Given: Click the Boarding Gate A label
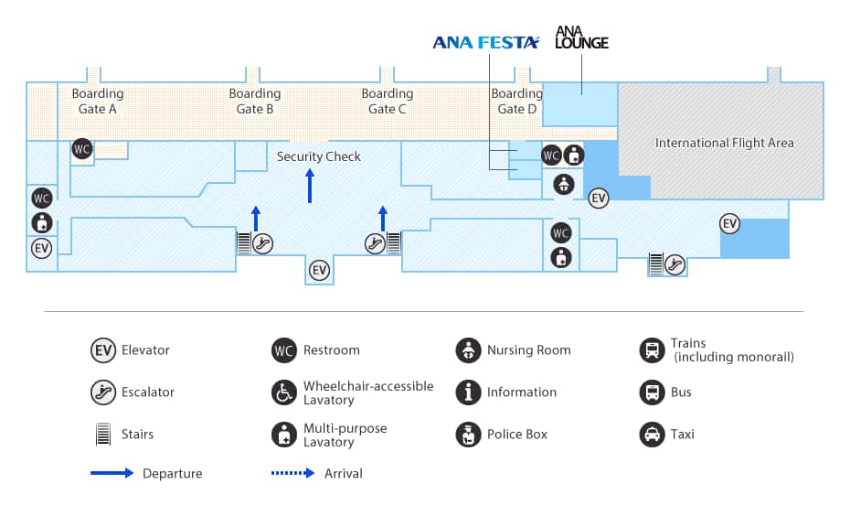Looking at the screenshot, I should (x=98, y=101).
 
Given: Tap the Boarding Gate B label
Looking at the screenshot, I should (x=255, y=101).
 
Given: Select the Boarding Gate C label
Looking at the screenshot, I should (x=388, y=101).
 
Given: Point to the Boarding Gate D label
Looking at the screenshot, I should (x=516, y=101).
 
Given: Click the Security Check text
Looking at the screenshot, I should (x=319, y=156).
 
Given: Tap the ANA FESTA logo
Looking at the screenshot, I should (x=486, y=42).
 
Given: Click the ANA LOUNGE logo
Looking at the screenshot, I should (x=581, y=38).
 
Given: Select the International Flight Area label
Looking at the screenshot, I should (x=725, y=143).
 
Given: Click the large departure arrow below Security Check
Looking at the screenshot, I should (x=310, y=186).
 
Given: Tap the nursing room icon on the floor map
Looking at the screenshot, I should (x=563, y=183).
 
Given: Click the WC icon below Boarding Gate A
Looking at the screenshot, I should (x=82, y=149).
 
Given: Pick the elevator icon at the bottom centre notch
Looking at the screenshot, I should (x=319, y=270).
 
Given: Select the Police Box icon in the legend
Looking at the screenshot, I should (x=468, y=435).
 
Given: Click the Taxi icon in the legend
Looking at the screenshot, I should (x=653, y=435).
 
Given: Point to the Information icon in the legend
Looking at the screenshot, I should (x=468, y=392).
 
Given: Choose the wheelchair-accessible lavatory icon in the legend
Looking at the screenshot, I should (x=284, y=392).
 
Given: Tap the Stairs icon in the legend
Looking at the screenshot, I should (x=103, y=435).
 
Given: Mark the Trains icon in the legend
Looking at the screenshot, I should (x=653, y=350).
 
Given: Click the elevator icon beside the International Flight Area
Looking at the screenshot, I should (x=599, y=198).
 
